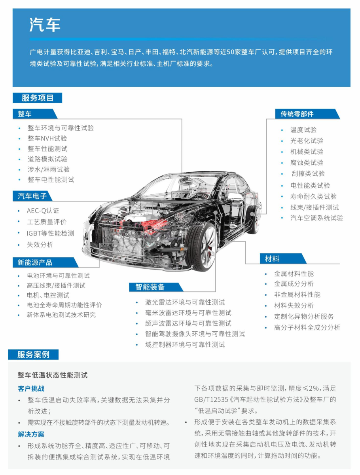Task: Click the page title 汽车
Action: click(x=45, y=25)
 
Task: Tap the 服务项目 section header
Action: click(x=38, y=98)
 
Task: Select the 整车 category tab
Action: click(x=34, y=114)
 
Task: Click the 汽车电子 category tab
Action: click(x=32, y=196)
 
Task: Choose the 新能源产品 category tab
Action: click(x=45, y=262)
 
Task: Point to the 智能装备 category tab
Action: click(x=156, y=287)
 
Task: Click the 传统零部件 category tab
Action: click(x=307, y=114)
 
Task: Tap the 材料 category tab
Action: click(x=283, y=258)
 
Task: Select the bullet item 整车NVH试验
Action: click(x=47, y=138)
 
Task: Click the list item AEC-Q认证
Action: click(x=43, y=211)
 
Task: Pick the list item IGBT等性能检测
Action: click(x=50, y=233)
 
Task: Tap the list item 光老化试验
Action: click(x=307, y=141)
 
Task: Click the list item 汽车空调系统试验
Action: click(x=316, y=218)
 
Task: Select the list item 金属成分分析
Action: click(x=294, y=284)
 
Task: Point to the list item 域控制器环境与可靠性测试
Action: click(x=185, y=344)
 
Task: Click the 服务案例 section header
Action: click(x=33, y=355)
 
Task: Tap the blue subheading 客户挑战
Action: click(x=31, y=388)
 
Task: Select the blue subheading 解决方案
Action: click(x=31, y=434)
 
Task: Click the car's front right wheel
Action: click(x=202, y=247)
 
